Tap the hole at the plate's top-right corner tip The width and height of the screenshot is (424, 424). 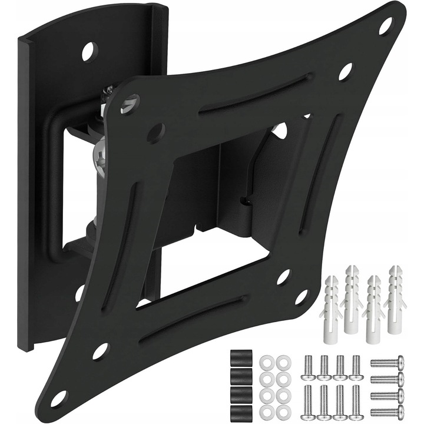pos(385,25)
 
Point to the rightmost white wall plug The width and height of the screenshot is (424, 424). pos(394,300)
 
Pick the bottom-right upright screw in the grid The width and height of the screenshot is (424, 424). pos(355,401)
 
